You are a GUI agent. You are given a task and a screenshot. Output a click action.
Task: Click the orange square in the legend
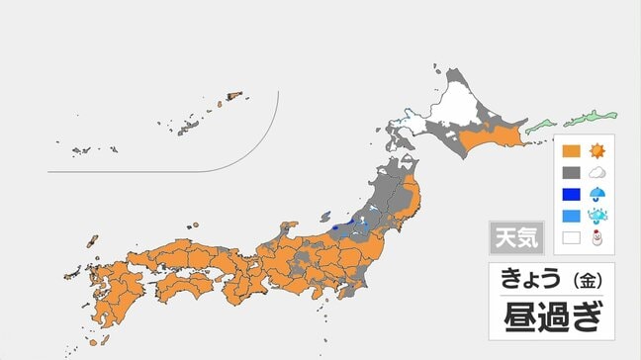point(570,153)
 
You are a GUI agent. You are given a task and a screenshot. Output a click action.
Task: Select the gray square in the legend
point(570,174)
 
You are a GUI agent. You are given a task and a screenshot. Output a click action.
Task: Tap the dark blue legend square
point(570,195)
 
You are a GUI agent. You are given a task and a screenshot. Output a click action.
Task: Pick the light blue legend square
point(570,216)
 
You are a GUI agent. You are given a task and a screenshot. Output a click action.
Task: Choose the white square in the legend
point(570,237)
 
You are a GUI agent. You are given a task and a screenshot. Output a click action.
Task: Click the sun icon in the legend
point(597,153)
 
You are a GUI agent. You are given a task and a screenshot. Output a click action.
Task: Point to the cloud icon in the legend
point(597,174)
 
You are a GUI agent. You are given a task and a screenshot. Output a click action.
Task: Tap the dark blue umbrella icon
point(597,195)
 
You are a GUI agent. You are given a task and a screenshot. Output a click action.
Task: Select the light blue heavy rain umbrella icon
point(597,216)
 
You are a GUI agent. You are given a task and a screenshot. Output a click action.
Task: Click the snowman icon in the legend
point(597,237)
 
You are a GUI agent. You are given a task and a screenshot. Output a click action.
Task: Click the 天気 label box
point(515,238)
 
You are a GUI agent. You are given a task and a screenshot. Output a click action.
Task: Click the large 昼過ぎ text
point(552,317)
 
